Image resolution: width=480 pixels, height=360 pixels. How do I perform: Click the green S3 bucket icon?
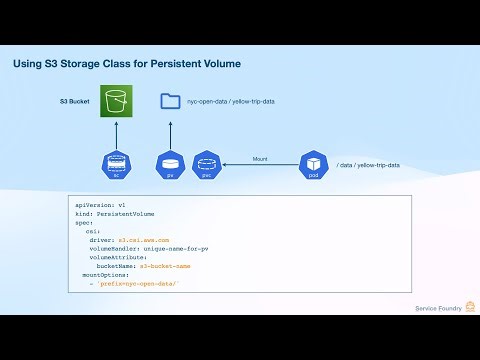pyautogui.click(x=116, y=102)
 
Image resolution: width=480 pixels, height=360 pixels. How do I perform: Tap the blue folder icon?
pyautogui.click(x=170, y=101)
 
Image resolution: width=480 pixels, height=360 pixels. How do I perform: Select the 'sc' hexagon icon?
pyautogui.click(x=116, y=163)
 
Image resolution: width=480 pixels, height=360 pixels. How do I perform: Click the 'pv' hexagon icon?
pyautogui.click(x=169, y=163)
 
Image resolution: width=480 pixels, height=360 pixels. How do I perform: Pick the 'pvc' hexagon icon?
pyautogui.click(x=205, y=163)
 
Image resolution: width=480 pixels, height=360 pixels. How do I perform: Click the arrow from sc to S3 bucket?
pyautogui.click(x=116, y=134)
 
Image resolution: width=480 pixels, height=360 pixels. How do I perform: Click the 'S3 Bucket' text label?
pyautogui.click(x=76, y=102)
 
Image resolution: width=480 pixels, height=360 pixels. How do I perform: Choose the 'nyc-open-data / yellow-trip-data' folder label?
pyautogui.click(x=232, y=102)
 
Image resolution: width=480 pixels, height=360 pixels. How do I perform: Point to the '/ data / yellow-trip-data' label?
pyautogui.click(x=369, y=164)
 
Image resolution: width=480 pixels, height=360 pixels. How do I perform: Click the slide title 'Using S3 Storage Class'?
pyautogui.click(x=126, y=64)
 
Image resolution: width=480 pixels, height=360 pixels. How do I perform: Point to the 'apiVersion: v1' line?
pyautogui.click(x=101, y=204)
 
